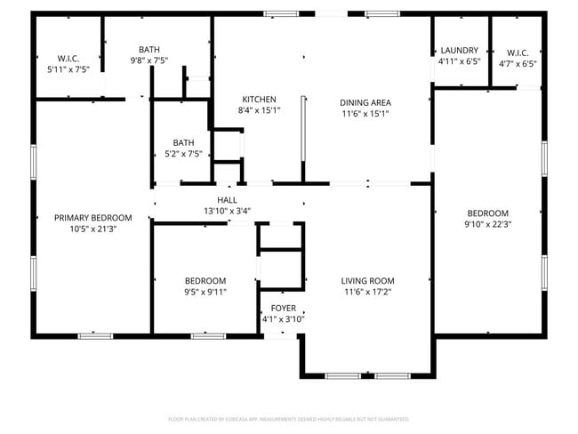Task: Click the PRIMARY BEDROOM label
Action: pos(92,218)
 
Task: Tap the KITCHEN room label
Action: pos(259,100)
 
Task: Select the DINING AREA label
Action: pos(366,102)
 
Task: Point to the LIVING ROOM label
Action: pos(368,280)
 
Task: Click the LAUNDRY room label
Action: pos(459,51)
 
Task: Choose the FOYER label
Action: pos(284,308)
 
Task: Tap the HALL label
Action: pos(227,200)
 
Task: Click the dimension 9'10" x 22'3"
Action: pos(488,225)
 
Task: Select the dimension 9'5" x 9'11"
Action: pos(205,292)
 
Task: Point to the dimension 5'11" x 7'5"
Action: pos(68,68)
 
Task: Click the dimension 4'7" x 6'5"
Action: pos(516,63)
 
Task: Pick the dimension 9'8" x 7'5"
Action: pos(149,60)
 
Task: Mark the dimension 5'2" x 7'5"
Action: pos(183,154)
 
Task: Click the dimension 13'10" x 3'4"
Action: pos(227,212)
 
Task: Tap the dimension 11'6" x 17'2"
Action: pos(368,292)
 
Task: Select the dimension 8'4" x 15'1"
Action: pos(259,111)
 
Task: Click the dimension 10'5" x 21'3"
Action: pos(92,229)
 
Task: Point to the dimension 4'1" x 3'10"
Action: pos(284,319)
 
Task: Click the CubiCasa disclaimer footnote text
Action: pos(288,418)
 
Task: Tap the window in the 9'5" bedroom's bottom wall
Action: pos(207,335)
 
